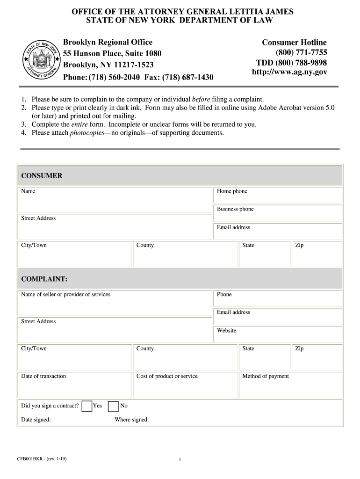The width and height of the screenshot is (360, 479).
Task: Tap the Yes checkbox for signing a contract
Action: [87, 406]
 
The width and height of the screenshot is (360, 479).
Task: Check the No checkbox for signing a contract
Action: [113, 406]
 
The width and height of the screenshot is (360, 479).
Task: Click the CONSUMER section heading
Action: [42, 176]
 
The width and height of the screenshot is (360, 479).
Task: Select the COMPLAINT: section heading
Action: [44, 279]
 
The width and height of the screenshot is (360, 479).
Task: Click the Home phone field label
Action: [232, 191]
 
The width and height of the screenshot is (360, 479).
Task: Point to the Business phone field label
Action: [235, 209]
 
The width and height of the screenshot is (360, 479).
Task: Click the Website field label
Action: [226, 331]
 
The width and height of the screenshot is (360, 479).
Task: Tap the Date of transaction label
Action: [43, 376]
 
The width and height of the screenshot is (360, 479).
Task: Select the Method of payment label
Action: [266, 376]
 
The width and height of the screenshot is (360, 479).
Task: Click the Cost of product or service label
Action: [167, 376]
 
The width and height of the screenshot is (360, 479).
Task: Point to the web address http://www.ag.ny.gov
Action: [289, 72]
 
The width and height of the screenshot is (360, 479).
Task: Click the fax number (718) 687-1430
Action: [188, 77]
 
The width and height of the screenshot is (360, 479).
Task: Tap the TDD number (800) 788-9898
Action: [291, 63]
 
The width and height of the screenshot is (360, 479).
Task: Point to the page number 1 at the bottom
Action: [180, 460]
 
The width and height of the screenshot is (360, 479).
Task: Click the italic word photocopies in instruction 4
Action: [87, 133]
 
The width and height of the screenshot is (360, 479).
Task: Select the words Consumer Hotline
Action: [294, 43]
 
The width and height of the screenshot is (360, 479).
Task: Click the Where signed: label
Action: [132, 420]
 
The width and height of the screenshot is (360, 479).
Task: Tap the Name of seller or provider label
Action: [65, 294]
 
